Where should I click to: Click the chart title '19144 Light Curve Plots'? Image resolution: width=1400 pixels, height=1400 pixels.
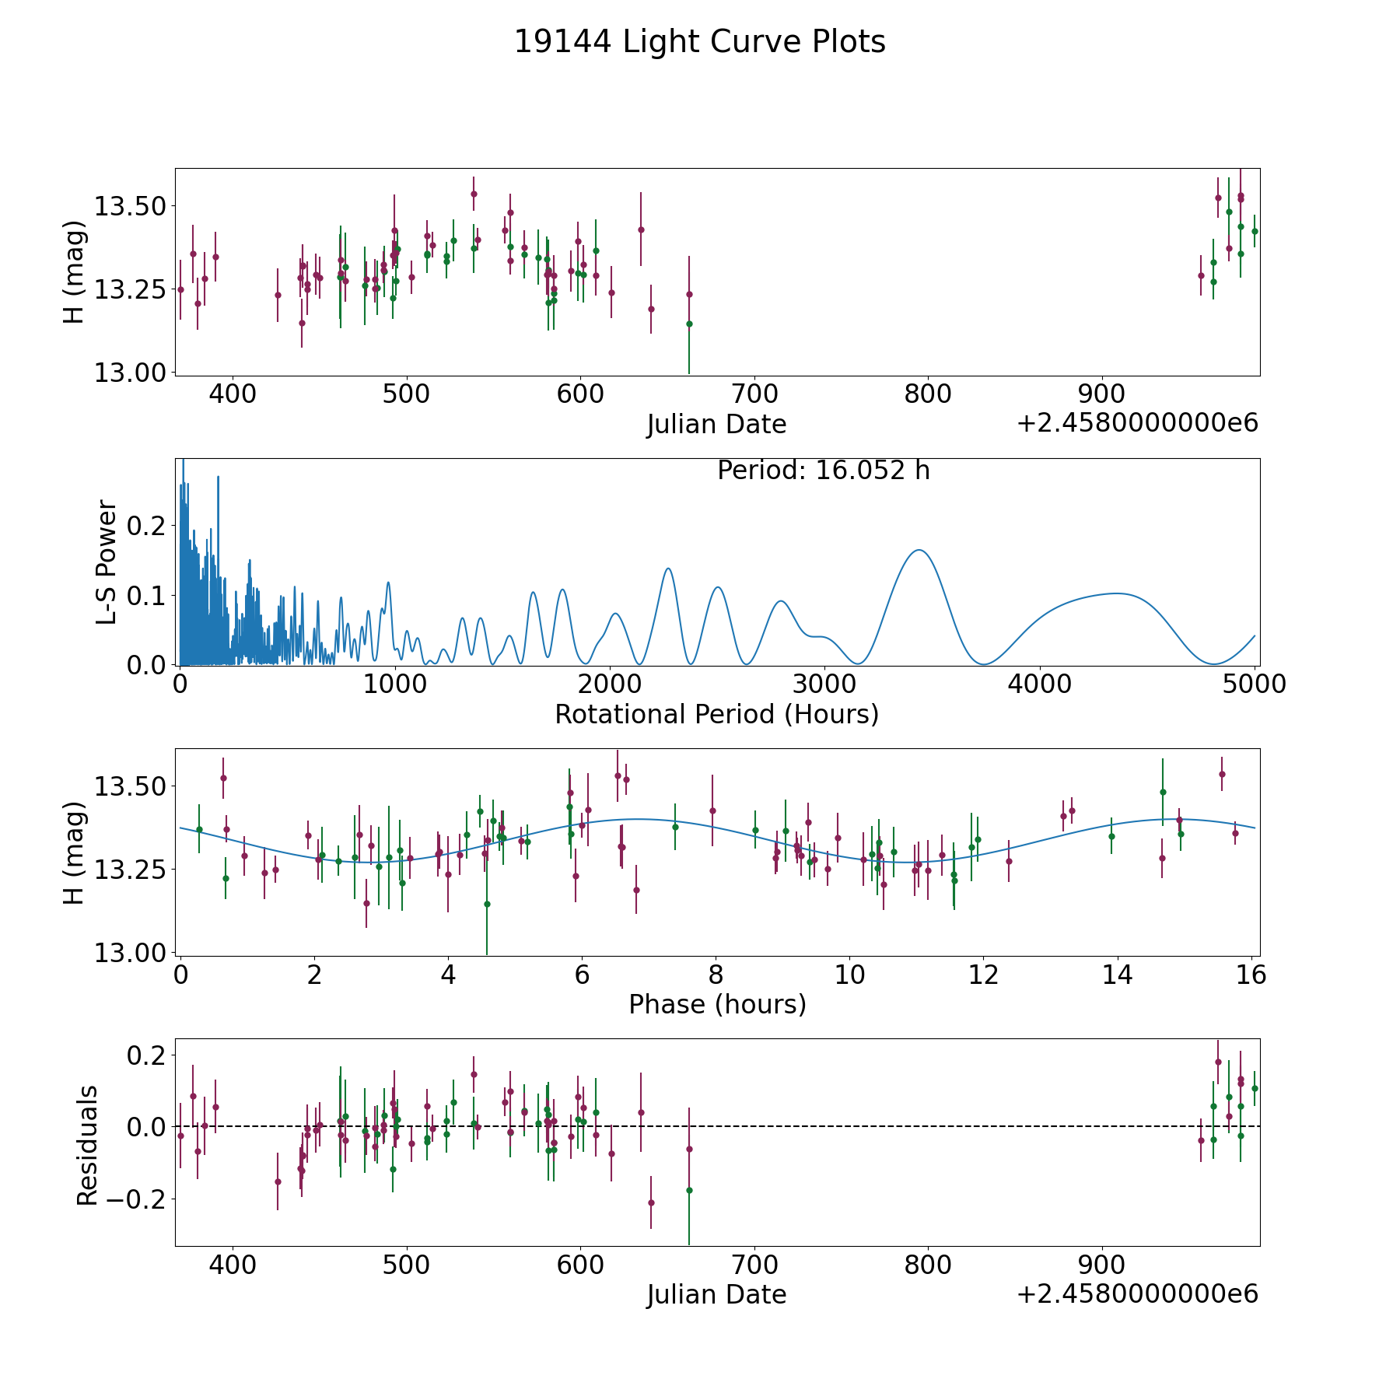(x=699, y=42)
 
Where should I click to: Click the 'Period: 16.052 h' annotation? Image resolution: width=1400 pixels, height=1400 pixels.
(x=823, y=471)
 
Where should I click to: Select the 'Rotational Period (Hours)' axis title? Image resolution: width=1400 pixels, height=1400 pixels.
(x=716, y=714)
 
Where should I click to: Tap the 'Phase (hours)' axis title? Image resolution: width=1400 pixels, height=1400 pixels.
(x=717, y=1004)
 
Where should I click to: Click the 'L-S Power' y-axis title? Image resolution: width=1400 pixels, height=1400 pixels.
(x=107, y=562)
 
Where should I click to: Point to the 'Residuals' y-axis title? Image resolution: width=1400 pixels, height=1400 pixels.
(x=87, y=1145)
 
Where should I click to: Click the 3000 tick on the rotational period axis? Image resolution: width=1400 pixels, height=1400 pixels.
(x=824, y=684)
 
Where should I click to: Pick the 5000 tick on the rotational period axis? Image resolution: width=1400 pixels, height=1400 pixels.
(x=1254, y=684)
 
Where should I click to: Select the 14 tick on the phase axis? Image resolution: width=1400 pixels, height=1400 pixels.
(x=1117, y=975)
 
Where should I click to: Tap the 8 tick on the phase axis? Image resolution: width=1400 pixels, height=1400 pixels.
(x=716, y=975)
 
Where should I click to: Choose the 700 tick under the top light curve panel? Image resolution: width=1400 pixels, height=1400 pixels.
(x=754, y=394)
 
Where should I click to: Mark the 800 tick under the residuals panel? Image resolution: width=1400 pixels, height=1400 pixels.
(x=929, y=1265)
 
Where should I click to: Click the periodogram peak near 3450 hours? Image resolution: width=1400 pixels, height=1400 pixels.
(x=919, y=550)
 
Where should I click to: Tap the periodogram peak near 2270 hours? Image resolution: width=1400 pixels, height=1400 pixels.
(x=667, y=569)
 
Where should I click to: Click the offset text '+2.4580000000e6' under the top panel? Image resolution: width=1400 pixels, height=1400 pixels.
(x=1136, y=423)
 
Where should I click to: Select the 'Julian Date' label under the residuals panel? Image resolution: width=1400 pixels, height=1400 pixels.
(x=716, y=1294)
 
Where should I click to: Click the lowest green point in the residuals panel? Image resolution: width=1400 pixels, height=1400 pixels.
(x=689, y=1190)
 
